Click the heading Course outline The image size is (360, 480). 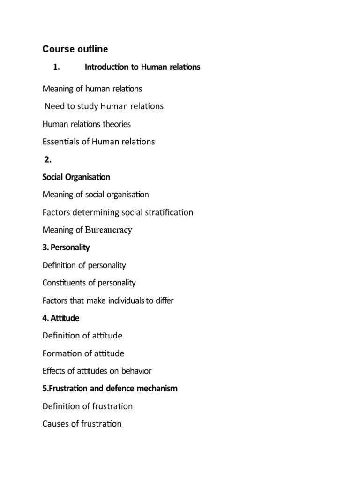point(75,49)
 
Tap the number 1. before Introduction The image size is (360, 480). point(57,67)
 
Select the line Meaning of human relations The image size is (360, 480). point(92,89)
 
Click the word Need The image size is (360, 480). point(54,106)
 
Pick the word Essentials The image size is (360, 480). point(61,142)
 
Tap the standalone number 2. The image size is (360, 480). point(48,159)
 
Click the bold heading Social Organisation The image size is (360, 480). point(76,177)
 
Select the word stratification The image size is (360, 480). point(170,212)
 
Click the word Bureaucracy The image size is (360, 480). point(109,230)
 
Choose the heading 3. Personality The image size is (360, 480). point(66,247)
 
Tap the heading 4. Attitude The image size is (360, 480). point(61,318)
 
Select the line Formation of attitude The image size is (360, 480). point(83,353)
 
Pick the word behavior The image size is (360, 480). point(136,371)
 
